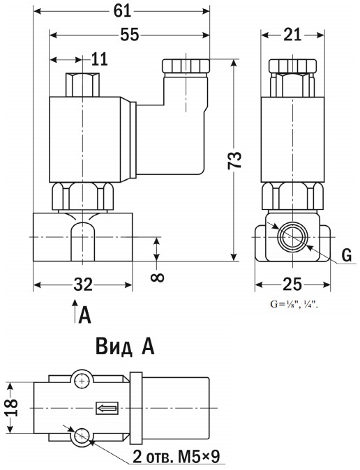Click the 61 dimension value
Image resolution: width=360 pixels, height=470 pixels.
pos(122,11)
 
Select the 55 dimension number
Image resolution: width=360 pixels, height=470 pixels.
pos(130,35)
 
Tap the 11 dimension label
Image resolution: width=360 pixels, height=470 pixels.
pos(99,59)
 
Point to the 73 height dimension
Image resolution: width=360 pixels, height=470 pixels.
pos(234,160)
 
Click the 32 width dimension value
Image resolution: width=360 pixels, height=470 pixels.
pos(83,285)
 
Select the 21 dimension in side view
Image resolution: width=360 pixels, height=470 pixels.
pos(292,35)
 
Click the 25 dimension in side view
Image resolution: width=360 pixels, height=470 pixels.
pos(292,285)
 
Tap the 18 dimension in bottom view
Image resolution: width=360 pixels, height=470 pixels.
pos(12,407)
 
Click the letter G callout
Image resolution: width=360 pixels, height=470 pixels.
pos(347,256)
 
